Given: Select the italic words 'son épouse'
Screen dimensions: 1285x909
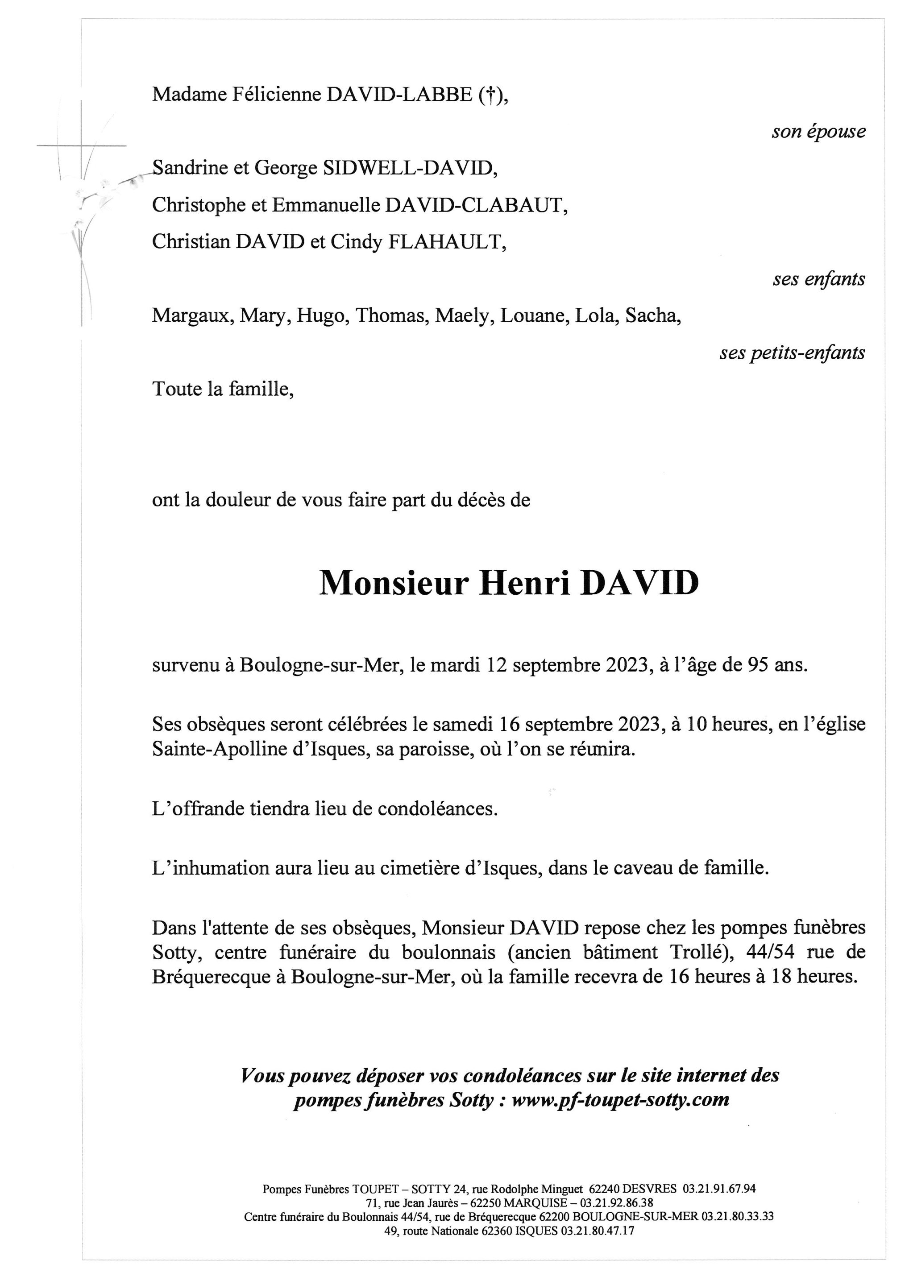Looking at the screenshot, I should click(818, 132).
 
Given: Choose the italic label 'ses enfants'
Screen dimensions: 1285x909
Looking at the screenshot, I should click(818, 279).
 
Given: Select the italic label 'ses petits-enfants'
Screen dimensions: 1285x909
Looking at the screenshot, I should click(792, 352).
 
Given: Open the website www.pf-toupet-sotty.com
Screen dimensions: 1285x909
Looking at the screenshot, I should click(620, 1100).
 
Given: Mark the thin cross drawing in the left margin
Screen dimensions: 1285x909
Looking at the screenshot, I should click(82, 147).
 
